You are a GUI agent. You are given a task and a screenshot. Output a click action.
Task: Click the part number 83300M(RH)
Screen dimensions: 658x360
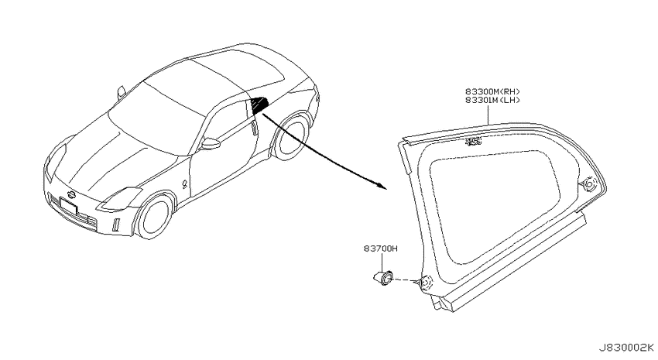click(492, 91)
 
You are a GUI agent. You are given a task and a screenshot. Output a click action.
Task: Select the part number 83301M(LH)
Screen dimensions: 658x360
click(492, 101)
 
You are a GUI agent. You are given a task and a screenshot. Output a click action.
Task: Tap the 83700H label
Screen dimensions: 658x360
click(381, 249)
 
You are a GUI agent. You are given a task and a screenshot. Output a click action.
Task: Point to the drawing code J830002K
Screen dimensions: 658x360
click(625, 348)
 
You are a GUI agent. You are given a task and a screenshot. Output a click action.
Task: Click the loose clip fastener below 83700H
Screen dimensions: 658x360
click(383, 278)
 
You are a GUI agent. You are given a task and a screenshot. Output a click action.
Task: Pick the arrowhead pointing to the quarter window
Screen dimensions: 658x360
click(381, 186)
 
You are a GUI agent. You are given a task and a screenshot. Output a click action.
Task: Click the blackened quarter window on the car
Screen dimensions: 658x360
click(259, 105)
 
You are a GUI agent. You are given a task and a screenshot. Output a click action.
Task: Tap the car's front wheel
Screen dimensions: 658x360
click(154, 218)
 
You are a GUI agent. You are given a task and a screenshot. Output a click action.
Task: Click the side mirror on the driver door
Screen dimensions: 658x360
click(211, 144)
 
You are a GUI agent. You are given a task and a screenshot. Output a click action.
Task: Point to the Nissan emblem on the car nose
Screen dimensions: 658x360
click(71, 194)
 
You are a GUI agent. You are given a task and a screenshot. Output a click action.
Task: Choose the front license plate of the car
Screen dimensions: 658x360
click(69, 207)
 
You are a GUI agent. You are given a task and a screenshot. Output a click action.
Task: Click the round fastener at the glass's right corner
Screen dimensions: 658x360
click(589, 184)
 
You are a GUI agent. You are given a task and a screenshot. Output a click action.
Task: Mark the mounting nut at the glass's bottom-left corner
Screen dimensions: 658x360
click(425, 284)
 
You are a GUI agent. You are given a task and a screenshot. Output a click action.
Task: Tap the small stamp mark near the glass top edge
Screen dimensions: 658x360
click(473, 142)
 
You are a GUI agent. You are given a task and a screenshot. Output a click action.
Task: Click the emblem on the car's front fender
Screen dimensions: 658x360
click(185, 183)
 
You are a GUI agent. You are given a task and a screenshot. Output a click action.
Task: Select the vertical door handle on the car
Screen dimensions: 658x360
click(255, 129)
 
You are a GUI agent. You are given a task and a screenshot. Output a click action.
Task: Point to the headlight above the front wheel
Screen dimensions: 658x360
click(119, 198)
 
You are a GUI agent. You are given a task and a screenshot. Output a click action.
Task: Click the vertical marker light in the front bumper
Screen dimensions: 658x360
click(116, 225)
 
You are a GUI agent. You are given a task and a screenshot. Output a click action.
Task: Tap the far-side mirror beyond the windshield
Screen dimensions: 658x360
click(121, 92)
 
